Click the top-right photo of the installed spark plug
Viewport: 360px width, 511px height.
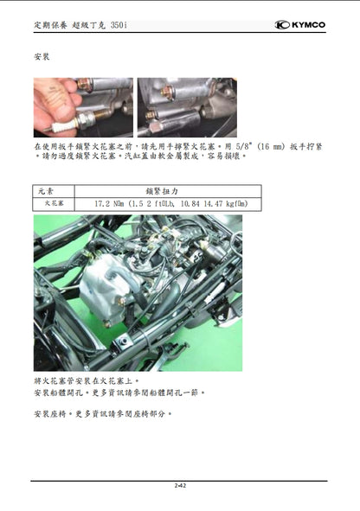[186, 107]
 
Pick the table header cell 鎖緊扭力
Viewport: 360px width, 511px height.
[168, 190]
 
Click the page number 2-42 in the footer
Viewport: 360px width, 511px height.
[179, 486]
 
